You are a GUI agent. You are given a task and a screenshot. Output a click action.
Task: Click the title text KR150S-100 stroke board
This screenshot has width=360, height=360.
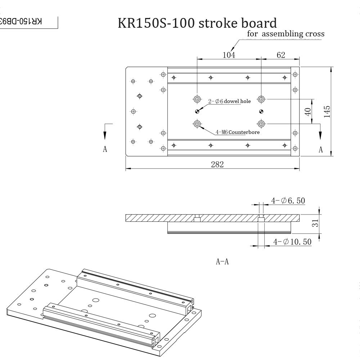click(197, 23)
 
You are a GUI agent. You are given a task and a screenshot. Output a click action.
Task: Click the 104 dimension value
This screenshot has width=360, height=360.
click(229, 55)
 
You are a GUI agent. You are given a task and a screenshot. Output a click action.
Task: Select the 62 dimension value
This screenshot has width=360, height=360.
click(281, 55)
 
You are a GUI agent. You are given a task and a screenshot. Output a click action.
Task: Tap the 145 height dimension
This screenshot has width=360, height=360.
click(327, 112)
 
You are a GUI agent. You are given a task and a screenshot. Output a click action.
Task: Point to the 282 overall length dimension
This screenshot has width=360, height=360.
click(217, 165)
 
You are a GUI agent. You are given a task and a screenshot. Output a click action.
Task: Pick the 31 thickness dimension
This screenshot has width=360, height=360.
click(315, 224)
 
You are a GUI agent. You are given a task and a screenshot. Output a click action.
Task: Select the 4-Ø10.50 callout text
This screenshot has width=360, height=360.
click(292, 242)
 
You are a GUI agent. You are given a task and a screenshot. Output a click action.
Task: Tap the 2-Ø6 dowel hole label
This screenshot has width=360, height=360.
click(230, 101)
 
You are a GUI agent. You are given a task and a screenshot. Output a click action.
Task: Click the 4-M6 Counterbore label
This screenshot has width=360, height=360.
click(238, 132)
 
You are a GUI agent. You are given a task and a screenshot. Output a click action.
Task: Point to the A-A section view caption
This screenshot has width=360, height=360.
click(222, 262)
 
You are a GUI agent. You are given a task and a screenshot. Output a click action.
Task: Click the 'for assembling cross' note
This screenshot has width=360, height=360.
click(286, 34)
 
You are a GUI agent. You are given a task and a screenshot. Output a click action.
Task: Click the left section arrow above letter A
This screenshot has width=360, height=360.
click(105, 133)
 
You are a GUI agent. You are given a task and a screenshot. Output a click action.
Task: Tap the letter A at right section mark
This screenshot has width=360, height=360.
click(320, 150)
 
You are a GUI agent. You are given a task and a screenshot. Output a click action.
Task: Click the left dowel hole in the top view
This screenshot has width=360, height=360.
click(197, 111)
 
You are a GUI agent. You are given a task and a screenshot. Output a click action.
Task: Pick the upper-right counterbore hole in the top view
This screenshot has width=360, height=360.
click(261, 99)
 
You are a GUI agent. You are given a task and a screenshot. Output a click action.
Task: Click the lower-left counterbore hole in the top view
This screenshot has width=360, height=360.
click(197, 124)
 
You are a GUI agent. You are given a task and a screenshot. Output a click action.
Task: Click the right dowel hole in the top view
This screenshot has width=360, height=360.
click(261, 111)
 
